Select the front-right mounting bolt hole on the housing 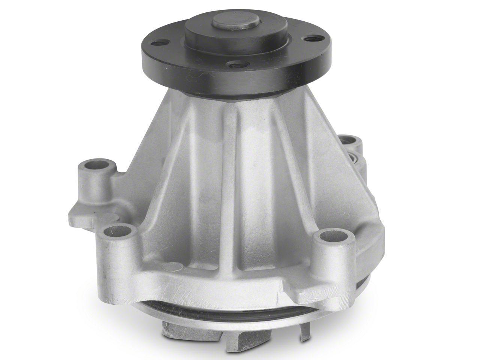331,238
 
